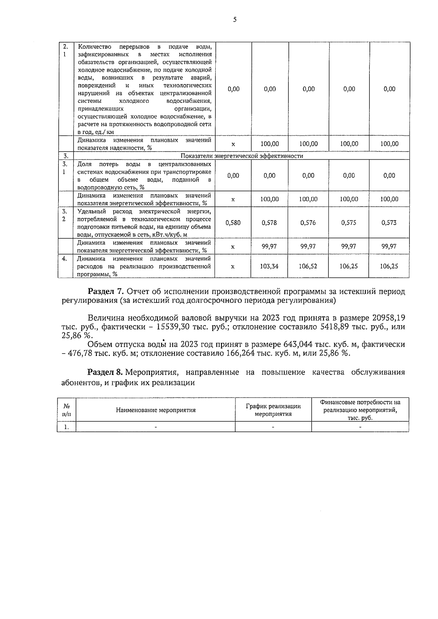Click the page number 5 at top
[235, 20]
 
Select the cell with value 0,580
[233, 223]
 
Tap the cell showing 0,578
[269, 223]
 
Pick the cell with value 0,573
[389, 223]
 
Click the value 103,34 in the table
[269, 266]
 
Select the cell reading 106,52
[308, 266]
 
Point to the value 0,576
[308, 223]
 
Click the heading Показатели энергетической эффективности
[242, 156]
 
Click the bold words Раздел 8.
[106, 373]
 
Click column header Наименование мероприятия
[156, 410]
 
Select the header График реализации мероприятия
[273, 410]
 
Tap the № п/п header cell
[66, 410]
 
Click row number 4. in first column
[65, 259]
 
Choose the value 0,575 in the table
[349, 223]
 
